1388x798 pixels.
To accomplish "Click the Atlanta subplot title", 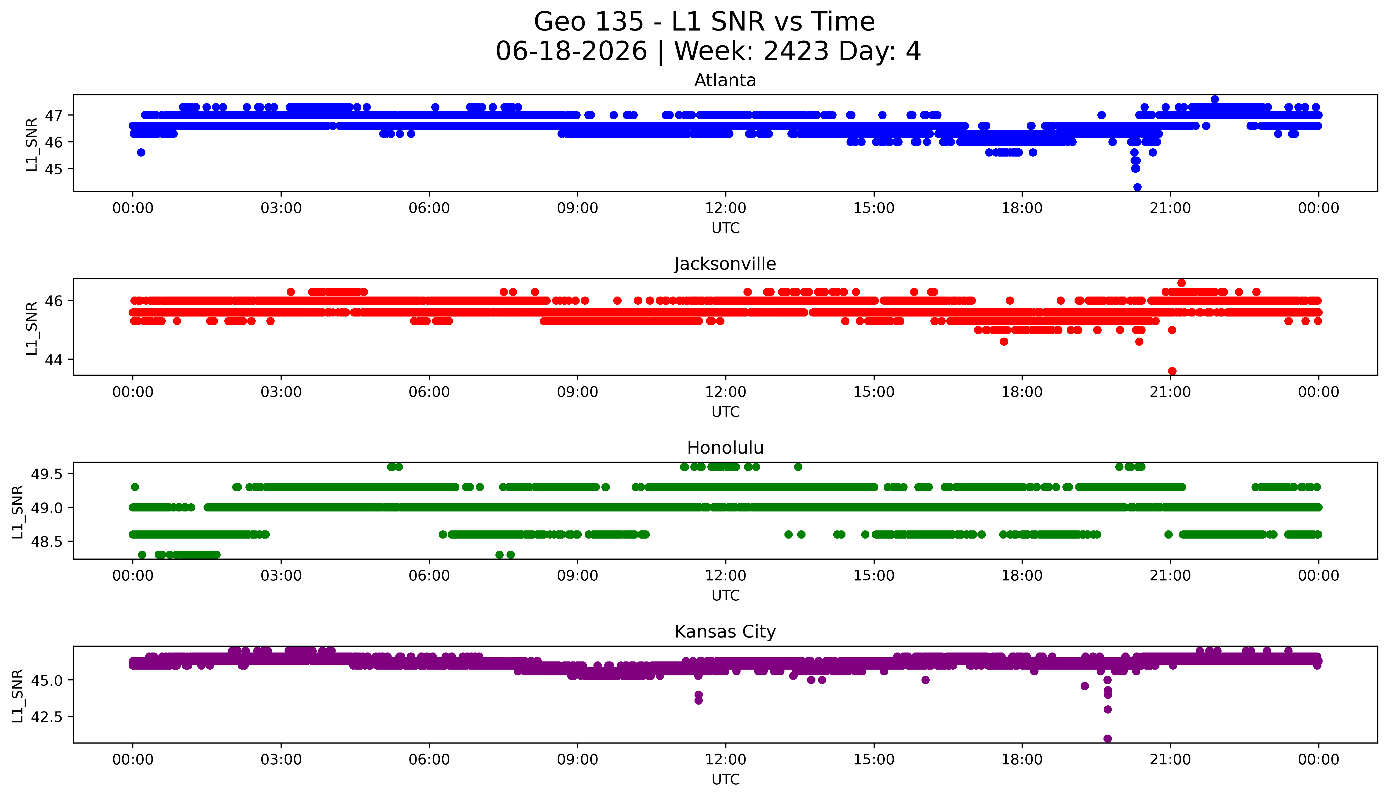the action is click(725, 81).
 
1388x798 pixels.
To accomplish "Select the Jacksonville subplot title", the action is click(725, 264).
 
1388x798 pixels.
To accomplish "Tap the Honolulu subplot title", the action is click(725, 448).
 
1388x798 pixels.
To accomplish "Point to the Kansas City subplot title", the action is click(725, 632).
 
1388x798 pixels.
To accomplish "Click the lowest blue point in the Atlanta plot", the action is click(1137, 187).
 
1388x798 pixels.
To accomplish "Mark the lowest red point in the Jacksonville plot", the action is click(1172, 371).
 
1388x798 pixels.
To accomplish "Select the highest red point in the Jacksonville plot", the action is click(1182, 283).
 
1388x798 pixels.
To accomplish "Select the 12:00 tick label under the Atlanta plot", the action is click(725, 208).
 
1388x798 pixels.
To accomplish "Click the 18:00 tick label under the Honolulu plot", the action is click(1022, 576).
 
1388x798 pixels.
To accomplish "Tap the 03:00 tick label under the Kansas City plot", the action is click(281, 760).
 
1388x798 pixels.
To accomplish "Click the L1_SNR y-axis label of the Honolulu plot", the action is click(18, 512).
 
